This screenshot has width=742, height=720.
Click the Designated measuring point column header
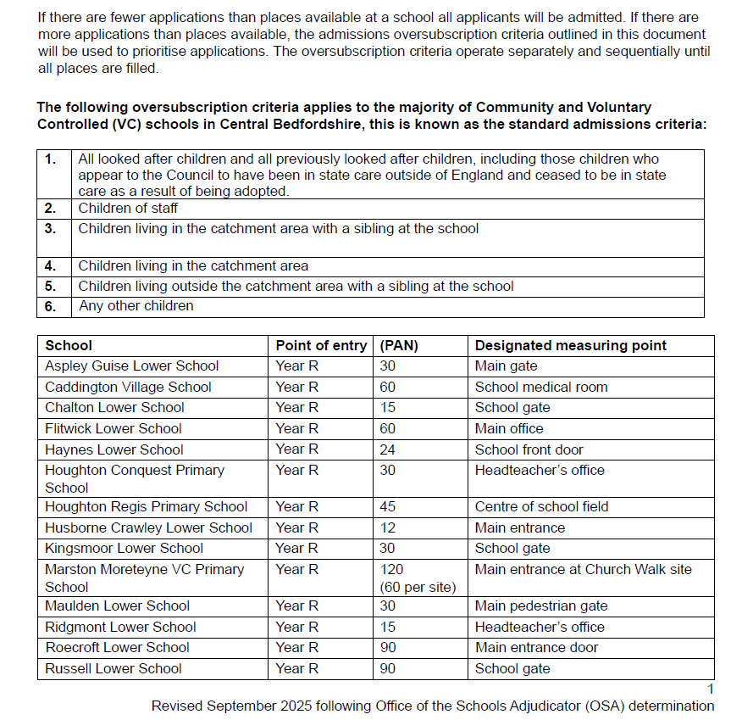(x=570, y=345)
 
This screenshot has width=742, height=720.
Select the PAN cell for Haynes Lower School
(x=387, y=449)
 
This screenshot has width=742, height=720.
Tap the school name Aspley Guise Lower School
(x=132, y=366)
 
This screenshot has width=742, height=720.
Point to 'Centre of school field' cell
(x=541, y=506)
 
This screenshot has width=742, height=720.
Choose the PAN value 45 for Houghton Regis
(x=387, y=506)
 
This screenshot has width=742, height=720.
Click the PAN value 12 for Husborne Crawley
(x=386, y=527)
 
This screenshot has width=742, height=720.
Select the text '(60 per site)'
(x=418, y=587)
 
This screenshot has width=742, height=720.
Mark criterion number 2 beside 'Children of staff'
(x=51, y=208)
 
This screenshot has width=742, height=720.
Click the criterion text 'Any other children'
(x=136, y=305)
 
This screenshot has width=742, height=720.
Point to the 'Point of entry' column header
(x=321, y=345)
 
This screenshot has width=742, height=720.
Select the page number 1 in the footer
(x=711, y=689)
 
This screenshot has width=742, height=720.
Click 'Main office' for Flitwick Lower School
(x=509, y=428)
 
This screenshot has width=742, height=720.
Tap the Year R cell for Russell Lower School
(x=297, y=668)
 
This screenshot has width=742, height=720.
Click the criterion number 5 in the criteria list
(x=51, y=286)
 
